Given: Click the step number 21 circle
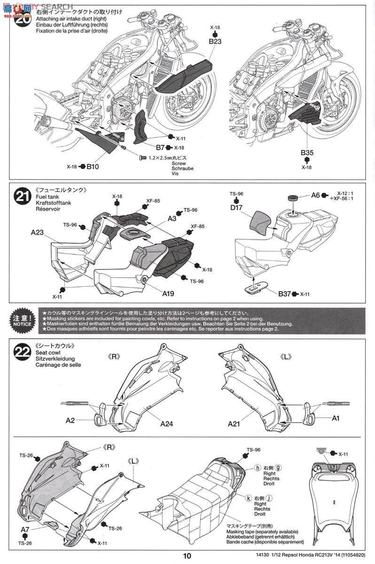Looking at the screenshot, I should pos(22,195).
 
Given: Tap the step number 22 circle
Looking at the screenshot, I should pos(22,351).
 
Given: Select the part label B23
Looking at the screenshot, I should pos(215,41).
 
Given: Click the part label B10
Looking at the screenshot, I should pos(94,166).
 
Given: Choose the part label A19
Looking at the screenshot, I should pos(168,294).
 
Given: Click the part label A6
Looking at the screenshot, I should pos(315,195).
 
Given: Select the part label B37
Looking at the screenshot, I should pos(284,294).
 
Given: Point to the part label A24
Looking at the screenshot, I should pos(166,423).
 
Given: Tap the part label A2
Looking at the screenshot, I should pos(70,420).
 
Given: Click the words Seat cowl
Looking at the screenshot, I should pos(47,352).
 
